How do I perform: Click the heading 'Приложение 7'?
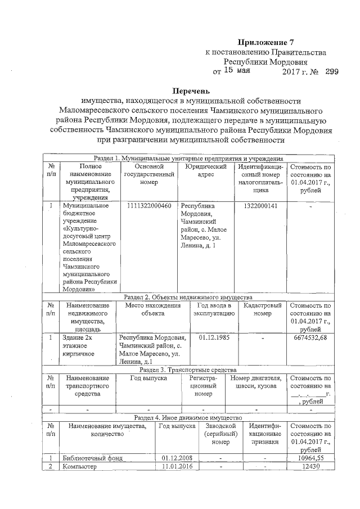pos(266,42)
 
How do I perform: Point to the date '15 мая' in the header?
pos(237,71)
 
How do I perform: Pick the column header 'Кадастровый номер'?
pos(258,310)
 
